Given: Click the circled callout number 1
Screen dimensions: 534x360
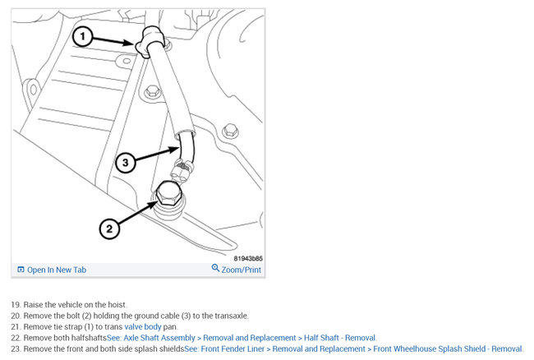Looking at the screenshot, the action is [82, 37].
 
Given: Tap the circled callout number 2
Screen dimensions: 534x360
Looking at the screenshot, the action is [109, 228].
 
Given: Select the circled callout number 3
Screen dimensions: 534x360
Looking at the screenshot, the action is [126, 163].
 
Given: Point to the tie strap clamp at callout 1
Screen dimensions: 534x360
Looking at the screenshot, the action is [150, 42].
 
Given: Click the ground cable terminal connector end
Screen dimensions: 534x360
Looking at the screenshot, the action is [182, 171].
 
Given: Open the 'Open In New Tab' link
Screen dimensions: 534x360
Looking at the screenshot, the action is [57, 270].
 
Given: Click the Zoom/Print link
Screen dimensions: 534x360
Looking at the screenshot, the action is [241, 270].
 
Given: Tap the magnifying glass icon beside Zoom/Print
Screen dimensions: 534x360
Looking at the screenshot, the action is [215, 268].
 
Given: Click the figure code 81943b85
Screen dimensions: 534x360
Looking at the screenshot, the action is [248, 259].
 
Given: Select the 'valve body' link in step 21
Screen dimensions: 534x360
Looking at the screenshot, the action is [143, 326].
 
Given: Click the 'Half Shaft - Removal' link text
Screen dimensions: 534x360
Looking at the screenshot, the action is [339, 338].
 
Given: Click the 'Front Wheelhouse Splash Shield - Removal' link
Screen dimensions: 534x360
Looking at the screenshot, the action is [448, 348].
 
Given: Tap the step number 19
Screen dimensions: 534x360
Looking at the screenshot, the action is [16, 304].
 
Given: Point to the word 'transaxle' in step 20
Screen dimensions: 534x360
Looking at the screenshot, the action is [230, 316].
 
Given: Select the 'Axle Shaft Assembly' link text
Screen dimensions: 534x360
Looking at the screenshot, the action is [159, 338].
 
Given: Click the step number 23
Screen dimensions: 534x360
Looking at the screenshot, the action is [16, 348].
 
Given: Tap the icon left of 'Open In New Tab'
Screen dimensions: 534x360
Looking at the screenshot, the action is [21, 270].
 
